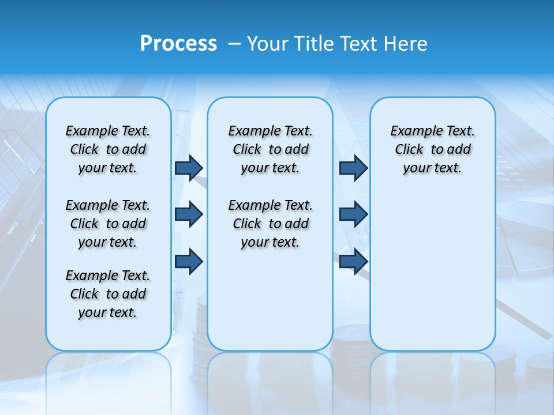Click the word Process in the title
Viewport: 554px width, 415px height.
178,44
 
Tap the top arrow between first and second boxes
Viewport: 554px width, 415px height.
189,168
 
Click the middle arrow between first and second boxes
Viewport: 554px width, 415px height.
189,214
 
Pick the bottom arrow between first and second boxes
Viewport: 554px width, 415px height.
189,261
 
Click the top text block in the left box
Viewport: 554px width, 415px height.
108,149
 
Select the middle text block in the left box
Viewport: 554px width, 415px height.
108,224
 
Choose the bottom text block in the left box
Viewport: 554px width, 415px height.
108,294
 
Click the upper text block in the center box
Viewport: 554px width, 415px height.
270,149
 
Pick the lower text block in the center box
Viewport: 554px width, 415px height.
270,224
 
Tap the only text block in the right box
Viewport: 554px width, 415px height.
432,149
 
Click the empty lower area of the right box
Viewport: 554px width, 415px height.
432,271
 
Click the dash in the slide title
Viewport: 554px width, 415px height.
235,44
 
